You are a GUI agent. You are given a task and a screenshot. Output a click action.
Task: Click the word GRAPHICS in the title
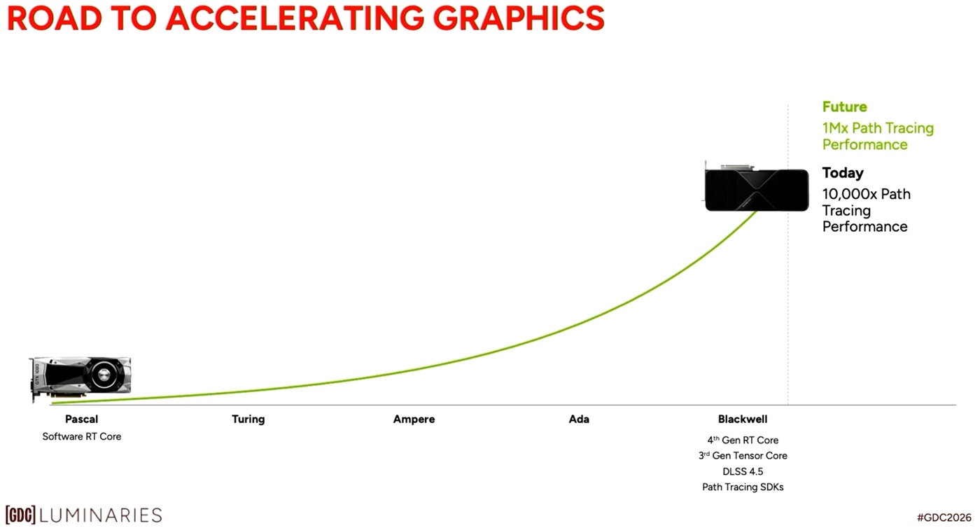coord(519,18)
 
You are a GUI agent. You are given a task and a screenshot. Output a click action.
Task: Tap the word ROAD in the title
coord(55,18)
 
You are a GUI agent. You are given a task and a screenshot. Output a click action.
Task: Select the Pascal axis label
coord(81,419)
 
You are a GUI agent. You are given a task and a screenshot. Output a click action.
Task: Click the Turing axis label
coord(248,419)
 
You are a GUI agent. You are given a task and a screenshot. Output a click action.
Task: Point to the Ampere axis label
coord(414,419)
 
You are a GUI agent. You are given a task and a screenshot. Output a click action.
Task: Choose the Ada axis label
coord(579,419)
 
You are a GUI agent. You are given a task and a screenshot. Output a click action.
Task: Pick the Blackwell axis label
coord(743,419)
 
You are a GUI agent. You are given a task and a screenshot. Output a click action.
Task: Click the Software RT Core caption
coord(82,436)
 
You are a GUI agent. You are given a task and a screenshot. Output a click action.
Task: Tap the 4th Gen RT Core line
coord(743,440)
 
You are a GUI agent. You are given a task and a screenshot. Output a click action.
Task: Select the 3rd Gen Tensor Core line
coord(743,455)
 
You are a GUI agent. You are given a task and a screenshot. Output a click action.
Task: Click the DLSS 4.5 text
coord(743,471)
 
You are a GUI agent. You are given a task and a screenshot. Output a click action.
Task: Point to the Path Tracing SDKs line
coord(743,487)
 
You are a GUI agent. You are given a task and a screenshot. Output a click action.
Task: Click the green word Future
coord(844,107)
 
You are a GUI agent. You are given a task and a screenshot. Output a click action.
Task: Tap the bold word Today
coord(843,173)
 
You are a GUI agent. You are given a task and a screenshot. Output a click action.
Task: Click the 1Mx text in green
coord(835,128)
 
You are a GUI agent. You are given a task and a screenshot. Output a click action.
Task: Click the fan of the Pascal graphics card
coord(104,375)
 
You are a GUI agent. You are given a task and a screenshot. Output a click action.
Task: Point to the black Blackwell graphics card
coord(757,189)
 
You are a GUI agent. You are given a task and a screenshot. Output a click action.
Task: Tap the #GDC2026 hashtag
coord(944,517)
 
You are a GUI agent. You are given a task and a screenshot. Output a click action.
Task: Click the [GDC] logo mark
coord(20,515)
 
